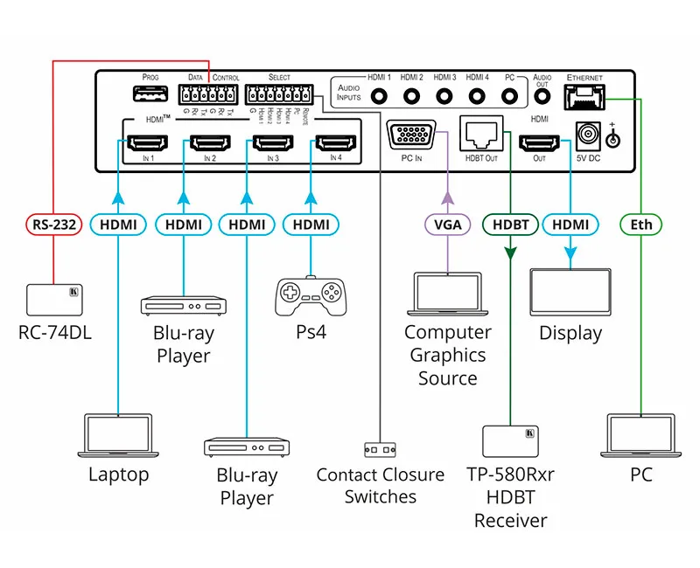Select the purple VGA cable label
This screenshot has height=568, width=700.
(x=448, y=225)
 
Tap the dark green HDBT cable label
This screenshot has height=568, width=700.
(x=509, y=225)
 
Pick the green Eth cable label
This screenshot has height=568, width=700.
(x=641, y=225)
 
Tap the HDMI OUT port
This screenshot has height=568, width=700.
(x=539, y=142)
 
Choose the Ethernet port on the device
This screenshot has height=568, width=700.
(x=584, y=95)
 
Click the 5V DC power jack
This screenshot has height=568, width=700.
(x=587, y=136)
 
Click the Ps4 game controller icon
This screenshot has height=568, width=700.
(x=311, y=296)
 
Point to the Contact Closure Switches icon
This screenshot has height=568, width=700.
(x=380, y=449)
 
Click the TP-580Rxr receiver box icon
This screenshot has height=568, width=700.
(x=509, y=443)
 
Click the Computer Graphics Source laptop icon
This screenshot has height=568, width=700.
(x=447, y=294)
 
